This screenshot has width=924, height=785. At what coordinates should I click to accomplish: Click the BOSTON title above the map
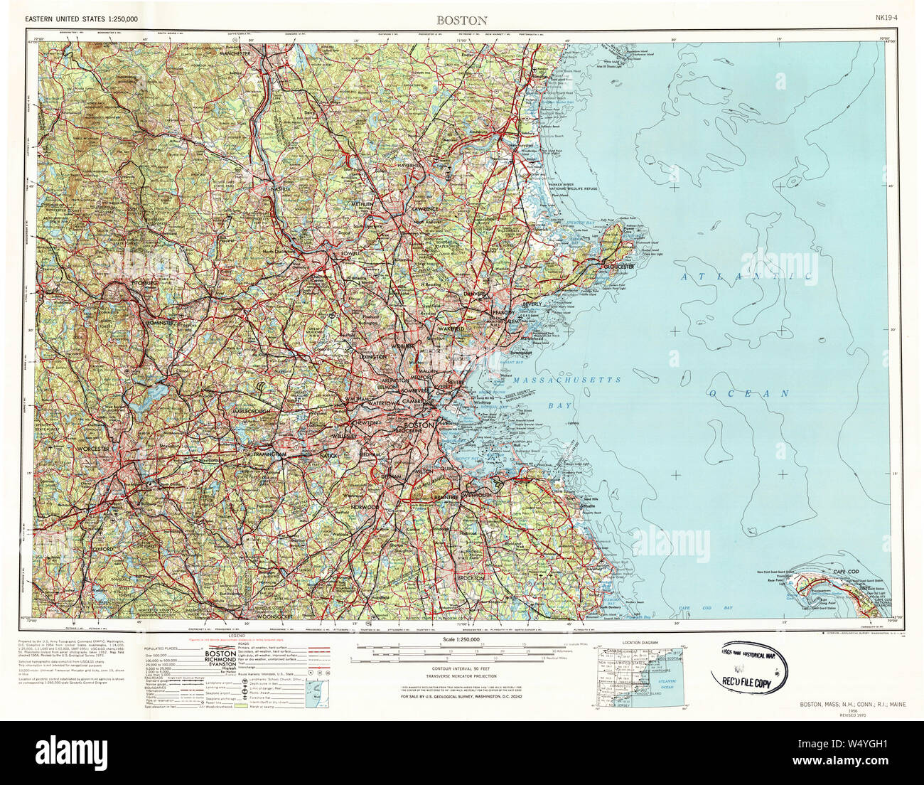point(463,21)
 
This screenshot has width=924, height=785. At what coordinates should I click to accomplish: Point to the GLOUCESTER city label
point(618,266)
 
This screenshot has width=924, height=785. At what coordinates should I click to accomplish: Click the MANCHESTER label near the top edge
point(235,54)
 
